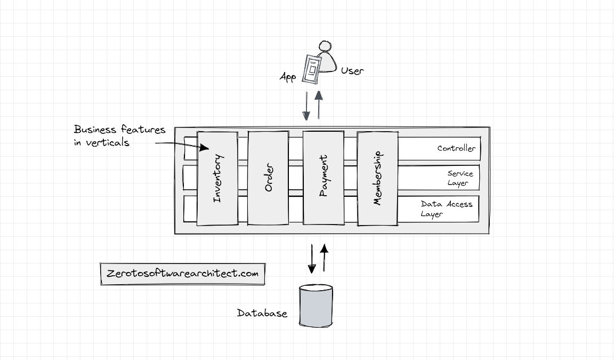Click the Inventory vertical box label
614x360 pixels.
pyautogui.click(x=217, y=179)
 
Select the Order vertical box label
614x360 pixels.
pyautogui.click(x=269, y=179)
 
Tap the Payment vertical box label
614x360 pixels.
pyautogui.click(x=323, y=176)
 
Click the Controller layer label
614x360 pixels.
pyautogui.click(x=456, y=149)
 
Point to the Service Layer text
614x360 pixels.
pyautogui.click(x=460, y=178)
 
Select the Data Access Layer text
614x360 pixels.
pyautogui.click(x=446, y=209)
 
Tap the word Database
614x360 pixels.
pyautogui.click(x=262, y=313)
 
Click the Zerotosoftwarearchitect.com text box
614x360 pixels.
pyautogui.click(x=182, y=274)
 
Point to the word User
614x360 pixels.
pyautogui.click(x=352, y=70)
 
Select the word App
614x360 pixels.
pyautogui.click(x=288, y=77)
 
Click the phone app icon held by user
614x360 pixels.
pyautogui.click(x=312, y=68)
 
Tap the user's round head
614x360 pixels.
pyautogui.click(x=326, y=47)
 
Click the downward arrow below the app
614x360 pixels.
pyautogui.click(x=306, y=106)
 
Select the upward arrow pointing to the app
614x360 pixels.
pyautogui.click(x=319, y=105)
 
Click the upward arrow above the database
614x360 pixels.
pyautogui.click(x=324, y=256)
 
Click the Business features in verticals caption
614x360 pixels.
pyautogui.click(x=119, y=136)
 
